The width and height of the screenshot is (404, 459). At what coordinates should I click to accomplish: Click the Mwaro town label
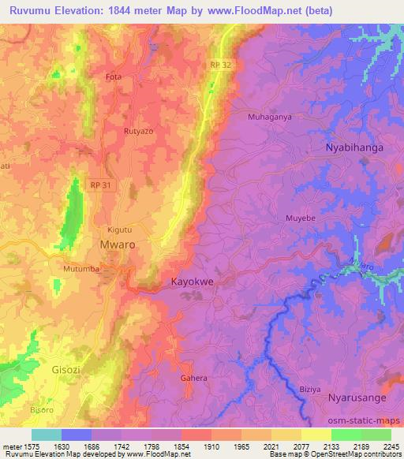click(x=117, y=244)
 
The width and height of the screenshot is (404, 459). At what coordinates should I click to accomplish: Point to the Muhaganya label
click(x=270, y=117)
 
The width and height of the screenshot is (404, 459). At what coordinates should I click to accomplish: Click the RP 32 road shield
click(x=222, y=65)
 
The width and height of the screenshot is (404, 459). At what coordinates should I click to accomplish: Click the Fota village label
click(x=114, y=77)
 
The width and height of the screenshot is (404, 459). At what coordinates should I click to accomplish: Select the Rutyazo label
click(x=138, y=131)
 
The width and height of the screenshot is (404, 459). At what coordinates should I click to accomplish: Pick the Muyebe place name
click(x=301, y=217)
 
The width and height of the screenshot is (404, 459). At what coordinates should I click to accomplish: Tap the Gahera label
click(x=193, y=379)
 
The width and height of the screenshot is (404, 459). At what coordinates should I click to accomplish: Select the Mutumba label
click(x=80, y=268)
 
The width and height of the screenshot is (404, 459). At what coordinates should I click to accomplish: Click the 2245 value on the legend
click(x=391, y=446)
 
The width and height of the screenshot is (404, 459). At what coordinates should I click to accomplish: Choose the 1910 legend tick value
click(x=211, y=446)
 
